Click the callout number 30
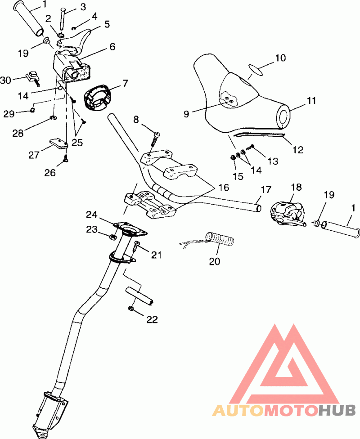pos(5,80)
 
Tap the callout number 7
pos(125,83)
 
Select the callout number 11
pos(311,100)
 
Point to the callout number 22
pos(152,319)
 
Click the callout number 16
pos(224,187)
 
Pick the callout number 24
pos(92,215)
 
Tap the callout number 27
pos(34,155)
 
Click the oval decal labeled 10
pos(256,70)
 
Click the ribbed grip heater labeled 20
pos(220,239)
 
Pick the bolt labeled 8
pos(154,139)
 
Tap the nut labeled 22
pos(130,309)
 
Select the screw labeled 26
pos(66,159)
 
